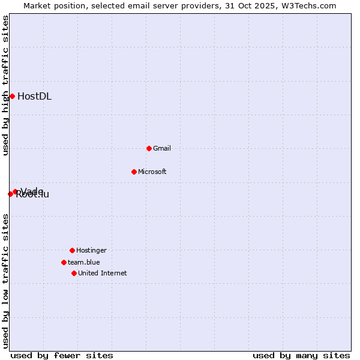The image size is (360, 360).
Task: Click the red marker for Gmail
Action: [149, 148]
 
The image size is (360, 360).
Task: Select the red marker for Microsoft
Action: [134, 172]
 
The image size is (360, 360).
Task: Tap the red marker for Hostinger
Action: [72, 250]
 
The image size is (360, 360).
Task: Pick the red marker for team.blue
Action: [64, 262]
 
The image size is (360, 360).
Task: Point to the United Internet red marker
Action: [74, 273]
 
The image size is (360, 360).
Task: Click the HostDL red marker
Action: [12, 96]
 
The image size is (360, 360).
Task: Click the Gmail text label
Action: [162, 148]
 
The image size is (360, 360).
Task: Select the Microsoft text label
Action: [152, 172]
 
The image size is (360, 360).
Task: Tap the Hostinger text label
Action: [91, 250]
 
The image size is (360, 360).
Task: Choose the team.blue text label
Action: [84, 262]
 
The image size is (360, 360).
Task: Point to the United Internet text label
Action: [103, 273]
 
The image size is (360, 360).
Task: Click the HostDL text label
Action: [34, 96]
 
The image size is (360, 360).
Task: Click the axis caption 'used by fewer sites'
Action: [62, 355]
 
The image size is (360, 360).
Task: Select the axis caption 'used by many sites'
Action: [301, 355]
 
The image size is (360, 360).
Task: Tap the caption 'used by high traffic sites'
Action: [5, 85]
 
